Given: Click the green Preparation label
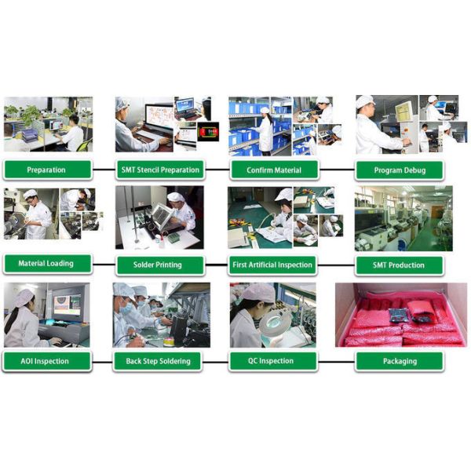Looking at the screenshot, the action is point(47,170).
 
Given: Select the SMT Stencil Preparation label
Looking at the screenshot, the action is point(160,170).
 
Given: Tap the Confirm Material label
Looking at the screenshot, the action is point(274,170).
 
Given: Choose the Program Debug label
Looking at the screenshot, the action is point(400,170).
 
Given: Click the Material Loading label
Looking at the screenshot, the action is point(47,264).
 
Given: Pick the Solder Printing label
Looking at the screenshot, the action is point(160,265).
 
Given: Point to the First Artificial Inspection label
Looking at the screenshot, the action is point(272,265).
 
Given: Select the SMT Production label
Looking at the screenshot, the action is point(400,265).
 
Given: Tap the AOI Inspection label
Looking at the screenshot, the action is point(47,361).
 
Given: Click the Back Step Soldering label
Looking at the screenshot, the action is point(158,361).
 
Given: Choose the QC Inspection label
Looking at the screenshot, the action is point(273,361).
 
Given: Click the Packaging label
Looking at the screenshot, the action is point(400,361).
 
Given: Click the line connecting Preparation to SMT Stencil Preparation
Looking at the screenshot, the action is point(104,170).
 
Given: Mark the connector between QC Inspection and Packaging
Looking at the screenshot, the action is point(336,362).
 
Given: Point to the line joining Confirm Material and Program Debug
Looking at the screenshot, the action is point(337,170).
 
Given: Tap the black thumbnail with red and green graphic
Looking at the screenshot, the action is point(208,132).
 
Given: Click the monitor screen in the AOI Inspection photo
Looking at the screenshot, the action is point(68,305).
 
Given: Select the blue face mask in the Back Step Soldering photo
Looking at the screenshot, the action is point(126,309).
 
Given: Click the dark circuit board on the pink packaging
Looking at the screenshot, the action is point(398,316).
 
